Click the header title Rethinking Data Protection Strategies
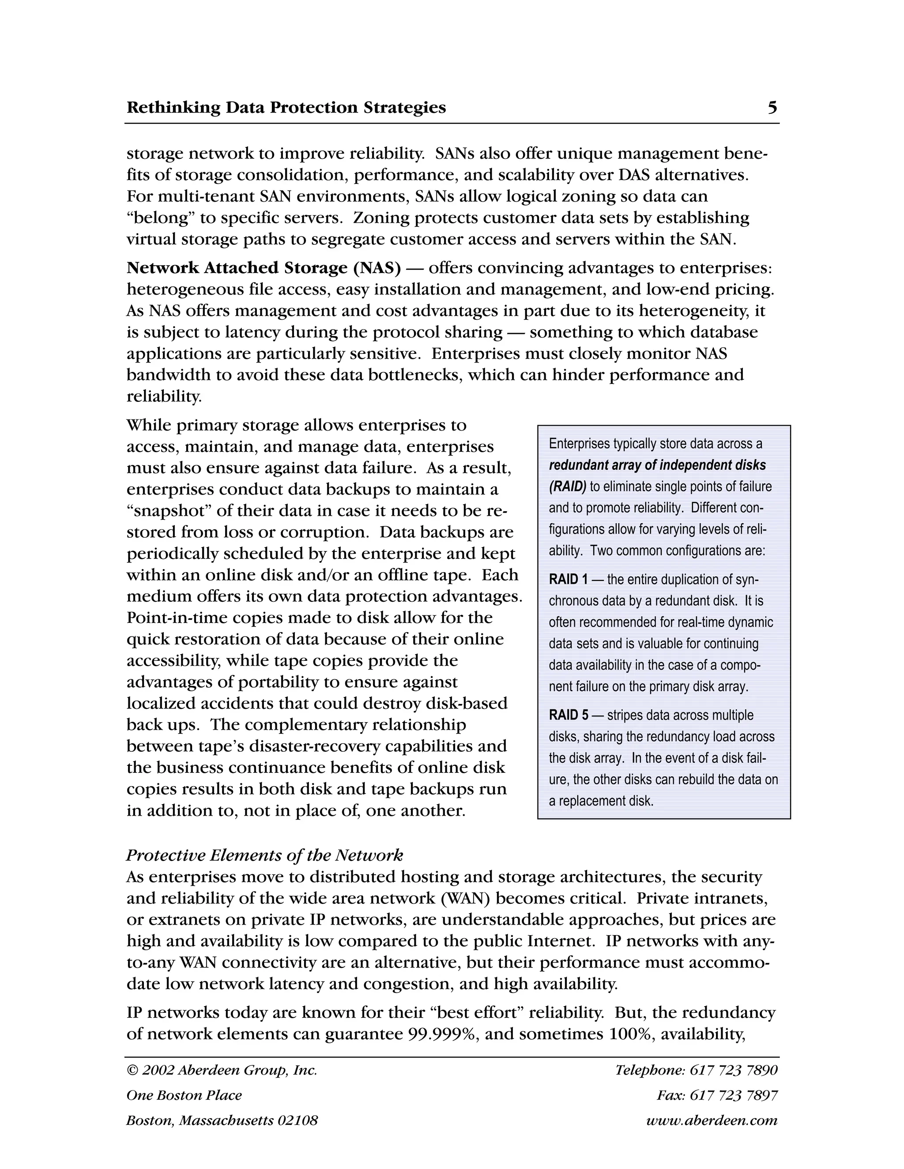click(286, 108)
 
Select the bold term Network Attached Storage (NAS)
click(264, 268)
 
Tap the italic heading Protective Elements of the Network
click(264, 855)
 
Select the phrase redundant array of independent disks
click(657, 465)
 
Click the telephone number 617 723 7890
click(733, 1070)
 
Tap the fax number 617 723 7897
click(733, 1095)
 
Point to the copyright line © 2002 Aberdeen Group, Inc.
click(222, 1070)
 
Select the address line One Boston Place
click(184, 1095)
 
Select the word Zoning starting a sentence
click(380, 218)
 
